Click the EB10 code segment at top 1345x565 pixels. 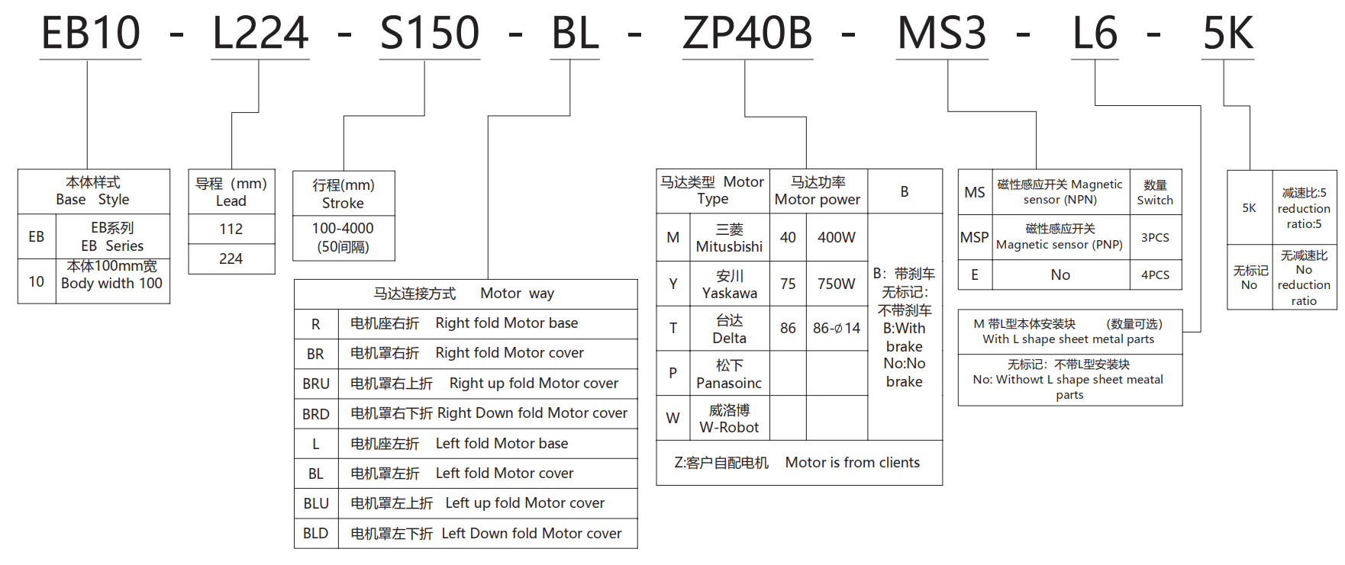[x=91, y=34]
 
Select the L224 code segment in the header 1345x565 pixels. [x=260, y=34]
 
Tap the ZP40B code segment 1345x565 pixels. [x=747, y=34]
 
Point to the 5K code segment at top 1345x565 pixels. [x=1227, y=34]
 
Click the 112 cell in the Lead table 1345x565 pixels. [x=231, y=229]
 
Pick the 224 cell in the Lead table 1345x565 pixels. [x=231, y=258]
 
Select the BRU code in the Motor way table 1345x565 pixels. [x=316, y=384]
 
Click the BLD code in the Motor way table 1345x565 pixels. [x=315, y=533]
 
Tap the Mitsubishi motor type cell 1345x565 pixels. [x=729, y=238]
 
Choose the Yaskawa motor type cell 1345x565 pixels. [x=729, y=284]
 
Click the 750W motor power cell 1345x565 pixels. [x=836, y=284]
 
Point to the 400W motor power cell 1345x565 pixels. [x=836, y=238]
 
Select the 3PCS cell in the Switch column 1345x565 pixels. [x=1155, y=238]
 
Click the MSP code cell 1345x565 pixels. [x=974, y=238]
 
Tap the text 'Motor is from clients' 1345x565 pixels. [x=852, y=463]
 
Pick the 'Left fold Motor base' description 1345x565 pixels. [x=502, y=444]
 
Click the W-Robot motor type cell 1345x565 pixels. [x=729, y=419]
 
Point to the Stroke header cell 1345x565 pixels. [x=344, y=194]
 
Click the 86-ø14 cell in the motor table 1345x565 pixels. [x=836, y=329]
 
